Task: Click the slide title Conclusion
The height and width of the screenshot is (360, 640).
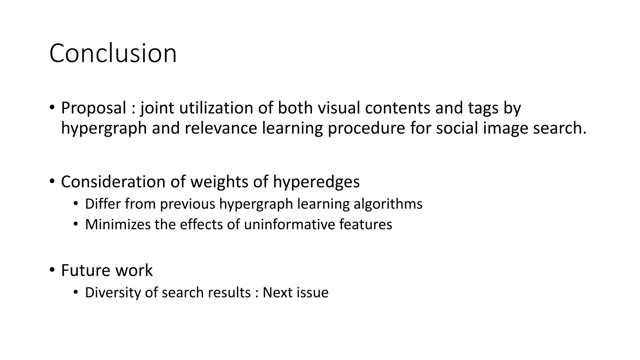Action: (x=113, y=53)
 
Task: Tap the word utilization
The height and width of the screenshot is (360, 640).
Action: (x=216, y=108)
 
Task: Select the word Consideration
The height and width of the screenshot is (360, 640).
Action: (x=113, y=182)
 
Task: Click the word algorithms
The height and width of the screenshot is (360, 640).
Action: (x=388, y=204)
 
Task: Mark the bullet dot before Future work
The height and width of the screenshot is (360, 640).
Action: (x=52, y=270)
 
